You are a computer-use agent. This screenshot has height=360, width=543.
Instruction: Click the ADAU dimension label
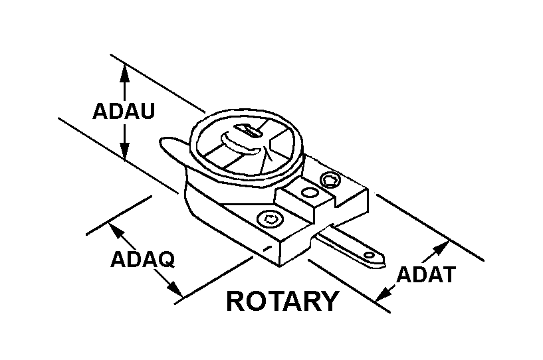(123, 111)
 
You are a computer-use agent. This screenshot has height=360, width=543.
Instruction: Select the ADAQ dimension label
(142, 259)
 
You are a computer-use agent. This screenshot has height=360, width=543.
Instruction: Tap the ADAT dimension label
(426, 274)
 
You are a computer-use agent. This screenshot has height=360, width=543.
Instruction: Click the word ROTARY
(282, 301)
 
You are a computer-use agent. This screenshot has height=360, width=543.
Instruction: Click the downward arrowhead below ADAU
(124, 151)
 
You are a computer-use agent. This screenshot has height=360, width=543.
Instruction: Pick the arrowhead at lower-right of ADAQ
(175, 290)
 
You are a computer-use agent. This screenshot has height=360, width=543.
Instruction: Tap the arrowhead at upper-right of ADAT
(441, 248)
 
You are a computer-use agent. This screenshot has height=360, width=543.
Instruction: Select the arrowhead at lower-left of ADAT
(383, 293)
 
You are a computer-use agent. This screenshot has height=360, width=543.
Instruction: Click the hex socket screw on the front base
(270, 219)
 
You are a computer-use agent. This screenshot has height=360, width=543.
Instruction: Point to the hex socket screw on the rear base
(331, 180)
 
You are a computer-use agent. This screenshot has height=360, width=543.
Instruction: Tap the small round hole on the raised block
(310, 193)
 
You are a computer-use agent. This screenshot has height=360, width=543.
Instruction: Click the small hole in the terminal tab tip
(370, 256)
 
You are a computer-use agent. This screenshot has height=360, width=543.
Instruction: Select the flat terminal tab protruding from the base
(350, 246)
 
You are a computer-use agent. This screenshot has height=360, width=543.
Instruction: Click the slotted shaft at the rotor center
(249, 130)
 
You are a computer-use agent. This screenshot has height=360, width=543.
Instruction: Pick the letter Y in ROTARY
(329, 301)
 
